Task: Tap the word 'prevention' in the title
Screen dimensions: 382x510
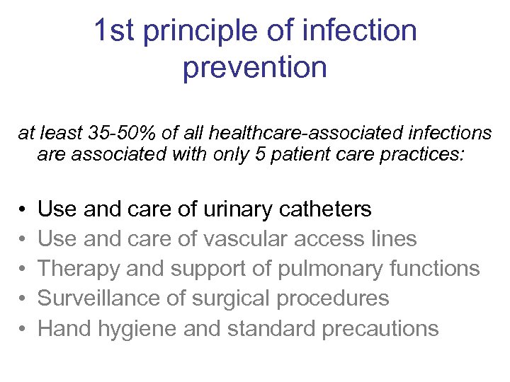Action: tap(255, 69)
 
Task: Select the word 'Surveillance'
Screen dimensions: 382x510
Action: tap(98, 299)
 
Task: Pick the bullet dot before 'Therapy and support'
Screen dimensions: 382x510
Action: tap(23, 270)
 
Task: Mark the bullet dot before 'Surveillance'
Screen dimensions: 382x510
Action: tap(23, 299)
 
